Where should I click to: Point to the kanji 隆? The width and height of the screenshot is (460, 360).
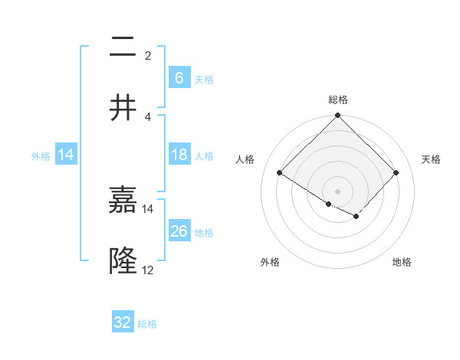tap(123, 260)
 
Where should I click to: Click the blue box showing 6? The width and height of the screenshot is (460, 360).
tap(179, 77)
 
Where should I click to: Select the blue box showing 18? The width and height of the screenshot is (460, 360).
tap(179, 155)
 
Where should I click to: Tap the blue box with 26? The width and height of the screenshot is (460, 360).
tap(179, 231)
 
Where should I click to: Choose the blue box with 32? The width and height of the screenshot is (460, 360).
tap(123, 322)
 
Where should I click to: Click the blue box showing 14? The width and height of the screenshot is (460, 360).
tap(66, 155)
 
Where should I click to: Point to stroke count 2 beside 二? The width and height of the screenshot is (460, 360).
tap(148, 55)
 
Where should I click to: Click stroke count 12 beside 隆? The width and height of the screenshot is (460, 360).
tap(148, 270)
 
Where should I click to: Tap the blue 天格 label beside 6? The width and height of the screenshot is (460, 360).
tap(204, 79)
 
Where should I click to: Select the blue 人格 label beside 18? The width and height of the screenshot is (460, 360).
tap(204, 155)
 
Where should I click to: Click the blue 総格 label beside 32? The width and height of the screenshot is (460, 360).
tap(147, 324)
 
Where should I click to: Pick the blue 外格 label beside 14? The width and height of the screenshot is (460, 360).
tap(41, 155)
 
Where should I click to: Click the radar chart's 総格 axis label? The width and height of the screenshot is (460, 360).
tap(338, 100)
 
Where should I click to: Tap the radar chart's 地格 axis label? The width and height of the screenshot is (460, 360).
tap(402, 262)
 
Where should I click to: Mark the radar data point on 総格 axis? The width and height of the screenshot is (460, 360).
tap(338, 116)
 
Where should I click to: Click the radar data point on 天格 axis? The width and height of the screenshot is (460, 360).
tap(396, 172)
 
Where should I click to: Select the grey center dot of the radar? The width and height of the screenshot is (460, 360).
tap(338, 191)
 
